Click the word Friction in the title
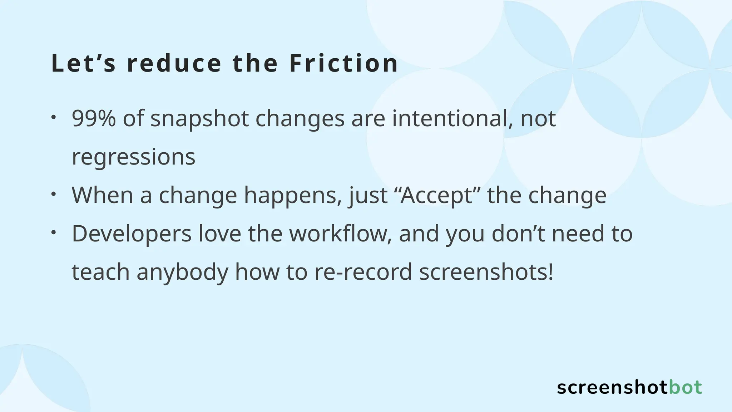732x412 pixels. [x=343, y=63]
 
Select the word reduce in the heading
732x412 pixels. [x=174, y=63]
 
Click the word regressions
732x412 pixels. [x=134, y=157]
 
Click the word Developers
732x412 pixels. [x=132, y=234]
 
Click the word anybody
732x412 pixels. [x=182, y=272]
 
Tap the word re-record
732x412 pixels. [x=363, y=272]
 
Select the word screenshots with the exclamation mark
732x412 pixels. [x=486, y=272]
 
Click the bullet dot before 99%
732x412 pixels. [x=53, y=117]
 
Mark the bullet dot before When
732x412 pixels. [x=53, y=194]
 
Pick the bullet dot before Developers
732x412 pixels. [x=53, y=232]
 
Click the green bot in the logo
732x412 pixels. [x=685, y=388]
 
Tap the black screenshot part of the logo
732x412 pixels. [x=612, y=388]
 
